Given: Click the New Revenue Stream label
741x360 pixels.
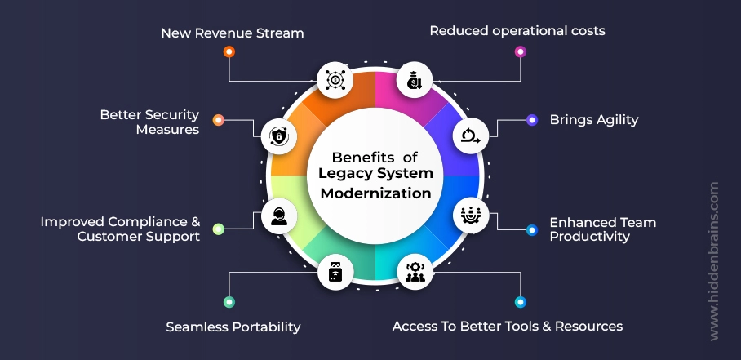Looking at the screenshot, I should coord(232,33).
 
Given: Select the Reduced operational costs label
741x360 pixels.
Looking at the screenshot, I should coord(517,31).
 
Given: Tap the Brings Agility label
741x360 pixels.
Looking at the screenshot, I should coord(593,119).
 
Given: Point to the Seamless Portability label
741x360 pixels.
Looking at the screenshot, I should coord(233,327).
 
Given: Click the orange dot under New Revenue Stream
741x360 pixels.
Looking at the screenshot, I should coord(229,51).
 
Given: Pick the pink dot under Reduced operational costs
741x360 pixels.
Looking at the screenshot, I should coord(520,51).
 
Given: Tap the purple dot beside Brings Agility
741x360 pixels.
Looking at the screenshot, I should coord(532,120).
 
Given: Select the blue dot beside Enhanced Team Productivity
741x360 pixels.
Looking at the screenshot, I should coord(532,229).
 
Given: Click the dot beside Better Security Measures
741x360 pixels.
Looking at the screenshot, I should coord(218,120).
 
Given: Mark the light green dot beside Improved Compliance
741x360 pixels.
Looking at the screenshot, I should coord(218,229).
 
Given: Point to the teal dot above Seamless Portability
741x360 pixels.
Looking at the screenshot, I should coord(229,302).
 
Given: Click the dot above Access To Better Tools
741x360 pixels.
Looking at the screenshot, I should coord(520,302).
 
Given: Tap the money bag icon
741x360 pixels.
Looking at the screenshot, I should coord(413,79).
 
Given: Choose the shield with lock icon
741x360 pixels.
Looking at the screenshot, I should coord(278,136).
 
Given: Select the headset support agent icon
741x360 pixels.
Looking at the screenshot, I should coord(278,217).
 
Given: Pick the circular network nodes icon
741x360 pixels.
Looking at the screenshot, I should coord(335,79).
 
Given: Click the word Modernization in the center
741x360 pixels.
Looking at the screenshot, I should coord(375,193).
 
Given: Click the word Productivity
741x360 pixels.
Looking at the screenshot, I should coord(589,237).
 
